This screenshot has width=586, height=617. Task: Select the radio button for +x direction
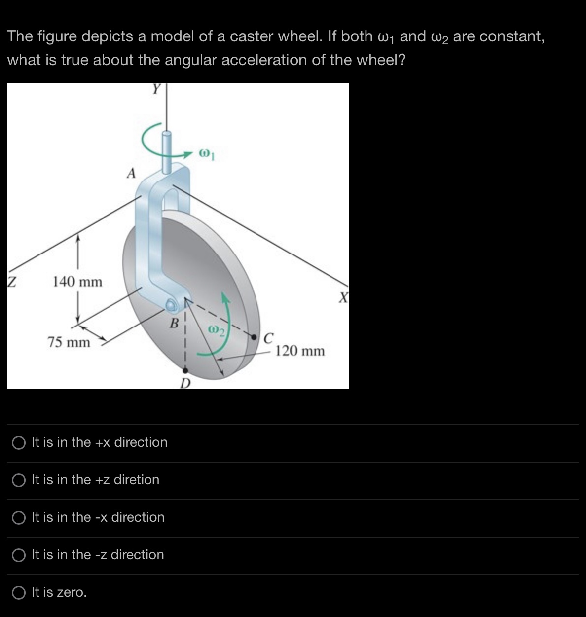tap(19, 443)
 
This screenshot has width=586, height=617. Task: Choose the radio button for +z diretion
tap(19, 480)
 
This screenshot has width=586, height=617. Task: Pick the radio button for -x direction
tap(19, 518)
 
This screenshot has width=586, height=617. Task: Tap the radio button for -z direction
tap(19, 555)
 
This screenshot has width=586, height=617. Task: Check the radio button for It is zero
tap(19, 593)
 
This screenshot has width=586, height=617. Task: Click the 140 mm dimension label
tap(77, 282)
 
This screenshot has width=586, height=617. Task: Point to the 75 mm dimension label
tap(69, 342)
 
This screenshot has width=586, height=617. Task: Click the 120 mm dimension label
tap(300, 351)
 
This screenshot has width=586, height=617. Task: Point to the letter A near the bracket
tap(131, 173)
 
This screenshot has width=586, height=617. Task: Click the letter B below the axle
tap(173, 324)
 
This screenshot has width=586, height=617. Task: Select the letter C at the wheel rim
tap(269, 339)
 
